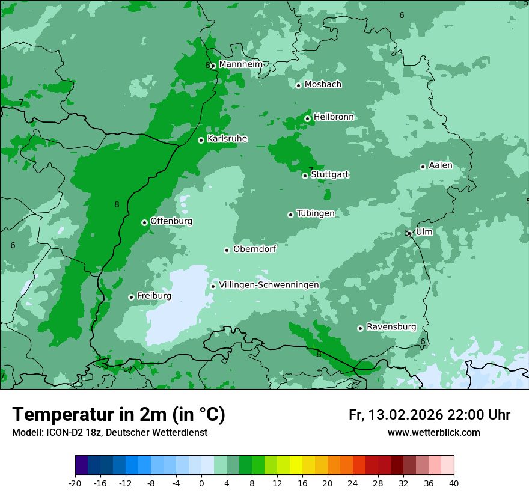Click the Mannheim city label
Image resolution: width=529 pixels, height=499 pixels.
240,64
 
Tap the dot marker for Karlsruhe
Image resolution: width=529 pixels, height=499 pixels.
201,140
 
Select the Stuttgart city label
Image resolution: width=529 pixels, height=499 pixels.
329,174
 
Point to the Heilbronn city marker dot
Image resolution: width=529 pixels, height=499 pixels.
307,118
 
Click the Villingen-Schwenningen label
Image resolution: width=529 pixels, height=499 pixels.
269,284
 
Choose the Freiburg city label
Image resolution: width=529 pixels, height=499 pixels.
154,296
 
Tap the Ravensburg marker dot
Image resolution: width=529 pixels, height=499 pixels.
360,328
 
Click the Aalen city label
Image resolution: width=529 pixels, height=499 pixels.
440,165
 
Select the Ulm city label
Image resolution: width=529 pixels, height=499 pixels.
424,231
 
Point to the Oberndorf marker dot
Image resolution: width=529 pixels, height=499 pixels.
227,250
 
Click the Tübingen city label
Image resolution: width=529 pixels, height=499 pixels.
316,213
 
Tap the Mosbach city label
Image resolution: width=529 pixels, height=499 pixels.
323,84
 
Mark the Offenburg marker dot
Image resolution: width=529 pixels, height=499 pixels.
144,222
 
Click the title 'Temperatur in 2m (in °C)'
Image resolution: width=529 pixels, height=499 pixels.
118,414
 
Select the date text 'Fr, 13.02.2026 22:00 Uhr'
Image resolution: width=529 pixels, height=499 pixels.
429,415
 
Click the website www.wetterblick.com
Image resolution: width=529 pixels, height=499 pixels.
433,432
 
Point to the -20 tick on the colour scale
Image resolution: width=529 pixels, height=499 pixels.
75,483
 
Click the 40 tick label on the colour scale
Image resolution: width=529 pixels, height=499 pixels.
454,483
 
